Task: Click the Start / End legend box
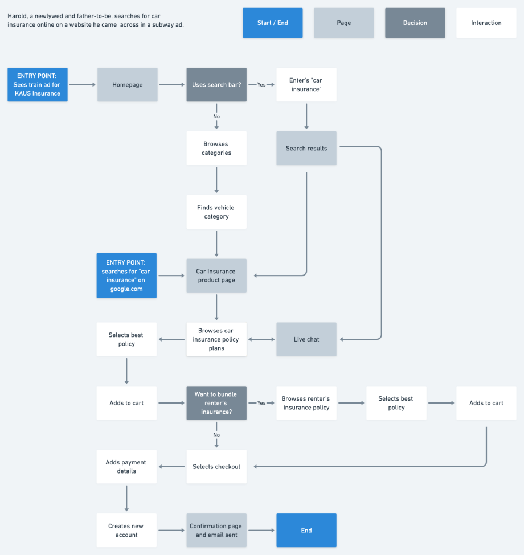tap(272, 23)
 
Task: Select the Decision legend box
tap(415, 23)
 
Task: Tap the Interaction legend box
tap(486, 23)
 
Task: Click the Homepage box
tap(127, 85)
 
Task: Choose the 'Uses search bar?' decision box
tap(216, 85)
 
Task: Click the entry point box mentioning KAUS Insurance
tap(38, 85)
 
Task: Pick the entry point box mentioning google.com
tap(126, 276)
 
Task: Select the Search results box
tap(306, 149)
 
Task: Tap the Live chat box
tap(306, 339)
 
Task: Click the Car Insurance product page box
tap(216, 276)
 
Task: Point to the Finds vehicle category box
tap(216, 212)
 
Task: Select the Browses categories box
tap(216, 149)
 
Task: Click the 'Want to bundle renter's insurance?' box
tap(216, 403)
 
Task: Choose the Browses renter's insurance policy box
tap(306, 403)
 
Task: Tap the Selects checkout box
tap(216, 467)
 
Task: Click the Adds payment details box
tap(126, 467)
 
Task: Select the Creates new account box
tap(126, 531)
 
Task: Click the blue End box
tap(306, 531)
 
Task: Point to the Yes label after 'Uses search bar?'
tap(261, 85)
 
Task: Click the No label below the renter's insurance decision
tap(216, 434)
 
